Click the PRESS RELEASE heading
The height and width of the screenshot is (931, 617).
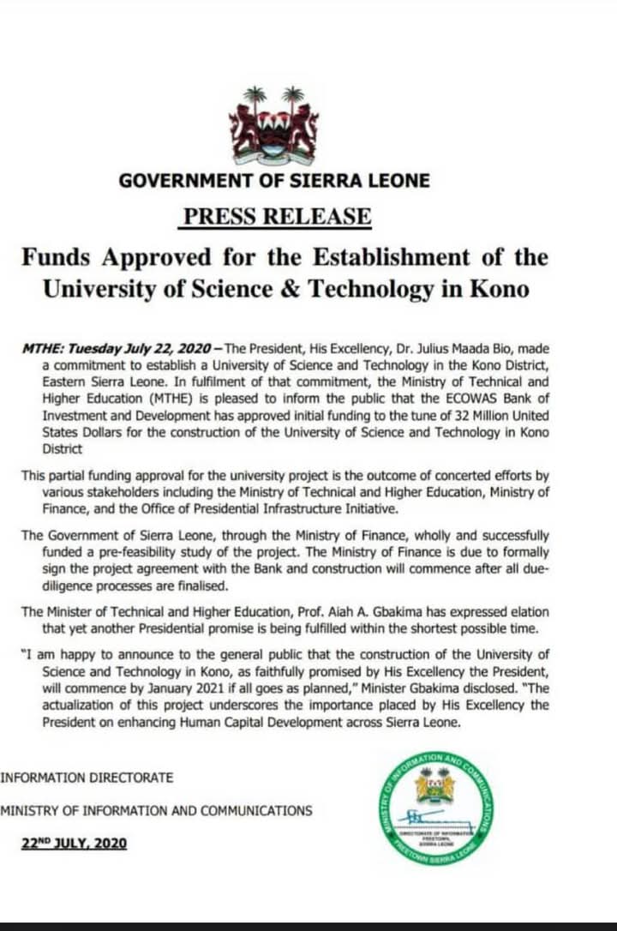click(x=276, y=215)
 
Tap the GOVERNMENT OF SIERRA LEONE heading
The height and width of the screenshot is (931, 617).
click(x=274, y=181)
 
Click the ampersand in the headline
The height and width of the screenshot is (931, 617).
click(x=288, y=289)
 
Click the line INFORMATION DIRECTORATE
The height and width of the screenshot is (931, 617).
click(x=87, y=778)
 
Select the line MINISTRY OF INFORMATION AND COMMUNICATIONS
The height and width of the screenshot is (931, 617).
click(x=156, y=810)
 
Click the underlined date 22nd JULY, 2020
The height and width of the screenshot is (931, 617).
click(x=75, y=844)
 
